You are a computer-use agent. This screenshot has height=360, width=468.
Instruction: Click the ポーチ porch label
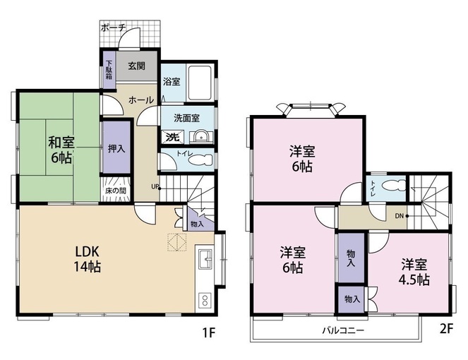pos(114,28)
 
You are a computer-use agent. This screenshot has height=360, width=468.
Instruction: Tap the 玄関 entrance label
pos(137,66)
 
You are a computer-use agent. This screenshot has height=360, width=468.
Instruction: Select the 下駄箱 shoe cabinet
pos(109,70)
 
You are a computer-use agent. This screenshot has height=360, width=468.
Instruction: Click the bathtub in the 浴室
pos(200,83)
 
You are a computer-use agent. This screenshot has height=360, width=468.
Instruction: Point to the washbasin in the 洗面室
pos(203,137)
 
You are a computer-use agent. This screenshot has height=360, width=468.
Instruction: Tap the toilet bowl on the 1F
pos(200,160)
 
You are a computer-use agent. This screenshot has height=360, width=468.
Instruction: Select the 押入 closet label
pos(116,148)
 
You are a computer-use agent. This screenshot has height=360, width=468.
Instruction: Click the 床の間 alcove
pos(116,189)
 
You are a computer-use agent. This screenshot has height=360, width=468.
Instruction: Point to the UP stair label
pos(155,187)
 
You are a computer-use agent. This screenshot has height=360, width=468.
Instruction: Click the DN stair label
pos(400,216)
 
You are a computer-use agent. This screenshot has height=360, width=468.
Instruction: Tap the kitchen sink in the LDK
pos(205,259)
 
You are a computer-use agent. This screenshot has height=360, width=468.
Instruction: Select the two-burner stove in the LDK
pos(205,301)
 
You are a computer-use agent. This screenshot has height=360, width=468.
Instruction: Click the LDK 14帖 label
pos(87,259)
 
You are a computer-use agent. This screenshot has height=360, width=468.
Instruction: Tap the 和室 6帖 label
pos(61,150)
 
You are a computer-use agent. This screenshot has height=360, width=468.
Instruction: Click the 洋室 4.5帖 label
pos(414,272)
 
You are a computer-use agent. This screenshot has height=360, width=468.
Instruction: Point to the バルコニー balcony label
pos(343,330)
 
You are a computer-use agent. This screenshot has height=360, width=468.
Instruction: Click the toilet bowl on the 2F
pos(394,186)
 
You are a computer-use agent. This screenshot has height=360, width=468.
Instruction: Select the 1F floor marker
pos(209,332)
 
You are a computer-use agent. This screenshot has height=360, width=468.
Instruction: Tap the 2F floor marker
pos(447,328)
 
